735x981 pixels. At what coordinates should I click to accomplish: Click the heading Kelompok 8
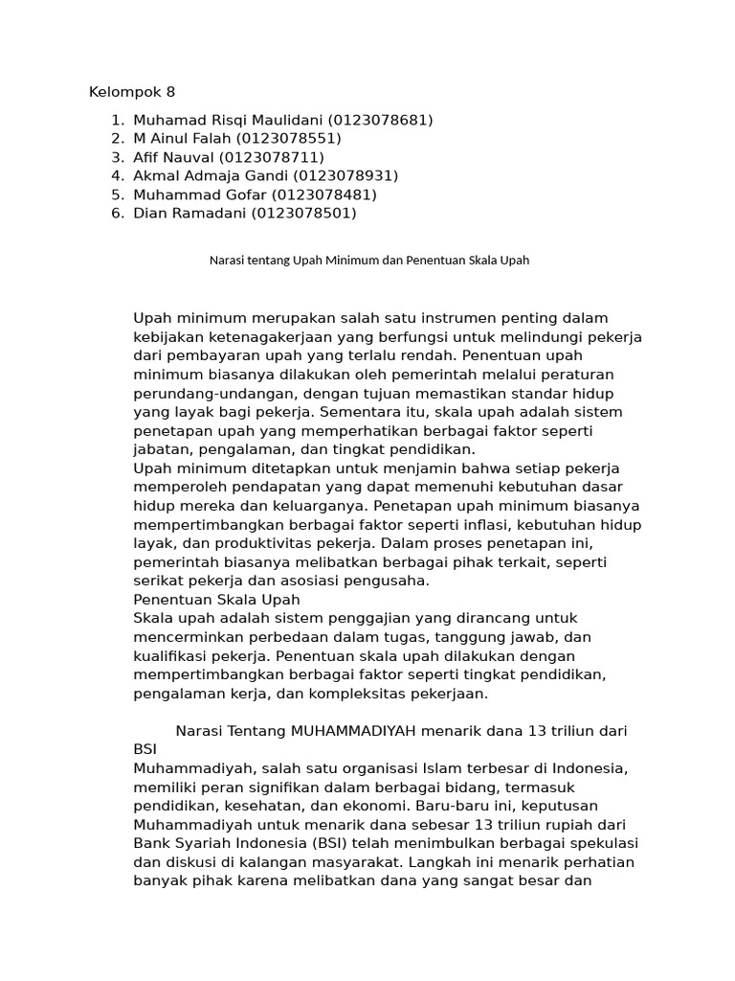click(132, 93)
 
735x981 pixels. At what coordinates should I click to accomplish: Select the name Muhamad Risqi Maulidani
click(229, 120)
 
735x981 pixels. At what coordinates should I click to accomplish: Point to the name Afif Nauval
click(174, 157)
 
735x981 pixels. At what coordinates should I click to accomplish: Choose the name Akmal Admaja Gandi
click(212, 176)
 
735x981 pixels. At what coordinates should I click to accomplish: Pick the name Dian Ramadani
click(190, 214)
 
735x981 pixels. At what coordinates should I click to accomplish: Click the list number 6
click(116, 214)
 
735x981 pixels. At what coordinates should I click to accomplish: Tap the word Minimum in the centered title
click(350, 261)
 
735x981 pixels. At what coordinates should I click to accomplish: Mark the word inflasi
click(455, 525)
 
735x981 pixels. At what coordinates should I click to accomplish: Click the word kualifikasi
click(178, 656)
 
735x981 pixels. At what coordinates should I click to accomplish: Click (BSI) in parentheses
click(330, 843)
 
